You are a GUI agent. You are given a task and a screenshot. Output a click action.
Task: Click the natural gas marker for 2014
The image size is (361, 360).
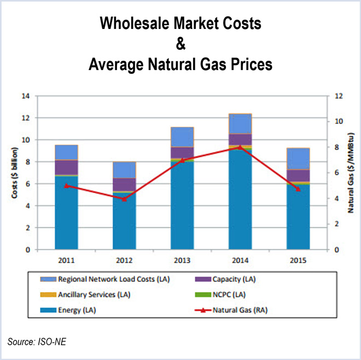[x=240, y=147]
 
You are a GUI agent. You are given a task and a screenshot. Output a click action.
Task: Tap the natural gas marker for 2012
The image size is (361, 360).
[x=124, y=199]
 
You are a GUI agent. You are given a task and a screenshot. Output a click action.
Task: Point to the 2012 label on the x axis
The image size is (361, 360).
[x=124, y=260]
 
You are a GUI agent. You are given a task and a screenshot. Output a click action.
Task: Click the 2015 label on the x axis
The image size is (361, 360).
[x=298, y=260]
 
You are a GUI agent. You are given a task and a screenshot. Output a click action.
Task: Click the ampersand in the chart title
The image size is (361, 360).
[x=180, y=44]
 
